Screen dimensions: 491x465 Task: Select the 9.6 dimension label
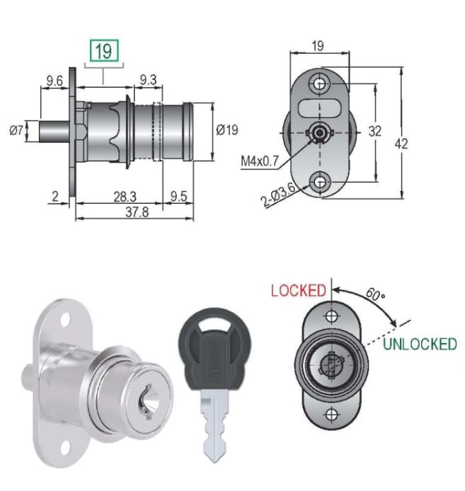pos(54,81)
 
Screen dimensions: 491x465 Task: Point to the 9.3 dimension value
pos(148,81)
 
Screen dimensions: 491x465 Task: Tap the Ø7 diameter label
pos(17,130)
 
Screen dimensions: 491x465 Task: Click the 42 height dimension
pos(401,144)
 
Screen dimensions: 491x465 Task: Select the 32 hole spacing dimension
pos(375,131)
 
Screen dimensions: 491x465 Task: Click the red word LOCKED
pos(299,290)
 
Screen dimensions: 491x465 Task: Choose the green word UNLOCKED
pos(420,345)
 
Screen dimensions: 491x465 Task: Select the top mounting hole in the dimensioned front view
pos(321,83)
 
